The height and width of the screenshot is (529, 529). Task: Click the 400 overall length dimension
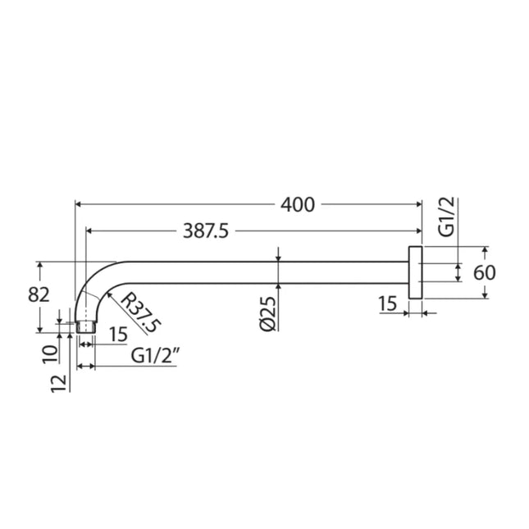tap(297, 205)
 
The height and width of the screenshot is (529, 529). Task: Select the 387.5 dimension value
tap(203, 232)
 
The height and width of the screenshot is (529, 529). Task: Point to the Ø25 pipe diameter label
tap(267, 313)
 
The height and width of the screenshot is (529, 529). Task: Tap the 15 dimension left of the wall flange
tap(388, 305)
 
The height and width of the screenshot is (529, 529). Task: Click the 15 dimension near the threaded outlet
tap(117, 334)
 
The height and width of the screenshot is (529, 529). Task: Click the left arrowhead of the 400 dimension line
tap(78, 205)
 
